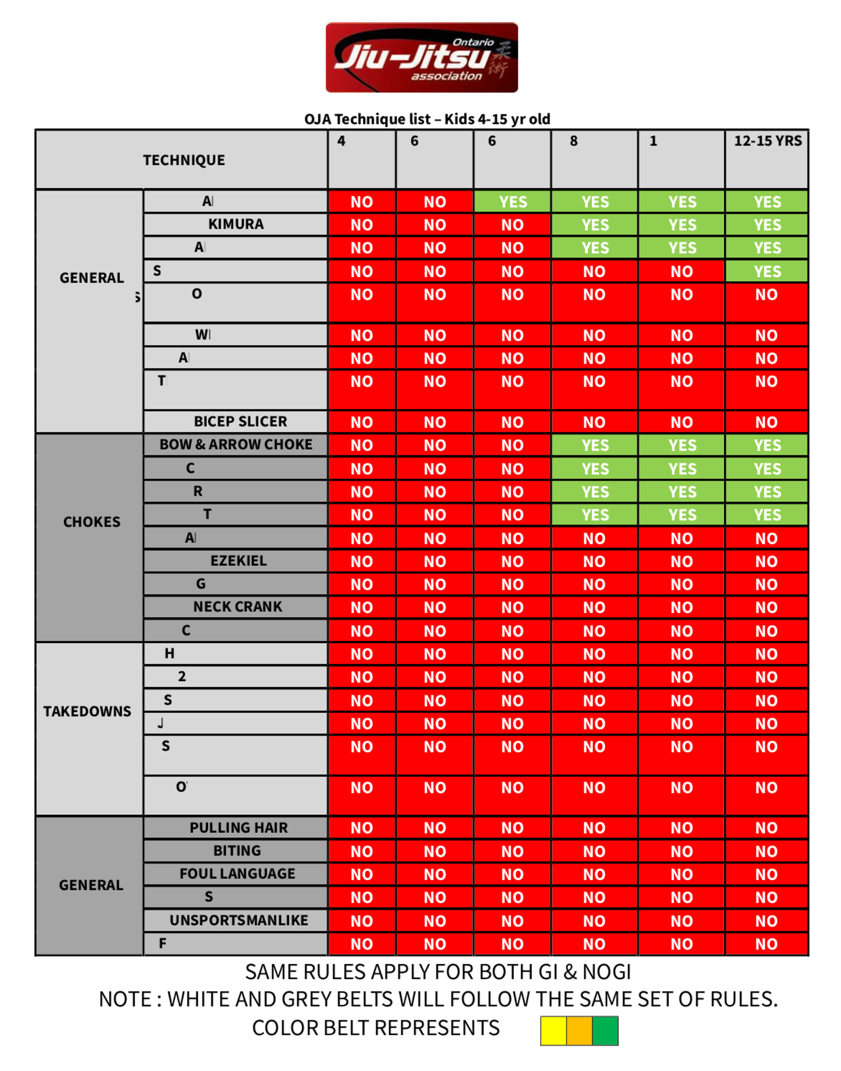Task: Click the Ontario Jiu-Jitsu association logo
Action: pyautogui.click(x=421, y=57)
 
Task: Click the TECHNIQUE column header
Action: pyautogui.click(x=184, y=160)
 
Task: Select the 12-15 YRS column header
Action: pyautogui.click(x=767, y=141)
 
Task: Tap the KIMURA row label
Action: pyautogui.click(x=236, y=225)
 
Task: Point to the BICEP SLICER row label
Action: pyautogui.click(x=240, y=422)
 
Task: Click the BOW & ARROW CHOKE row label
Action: pyautogui.click(x=236, y=445)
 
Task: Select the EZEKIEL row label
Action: pyautogui.click(x=238, y=561)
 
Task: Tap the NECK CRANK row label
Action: pyautogui.click(x=238, y=607)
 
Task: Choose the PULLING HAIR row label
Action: pyautogui.click(x=238, y=828)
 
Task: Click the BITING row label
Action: pyautogui.click(x=237, y=851)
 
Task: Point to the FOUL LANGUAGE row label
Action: pyautogui.click(x=237, y=874)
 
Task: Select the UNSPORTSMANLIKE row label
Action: pyautogui.click(x=238, y=921)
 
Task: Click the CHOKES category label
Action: pyautogui.click(x=92, y=522)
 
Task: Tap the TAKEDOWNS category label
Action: pyautogui.click(x=87, y=712)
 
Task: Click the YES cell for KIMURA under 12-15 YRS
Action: pyautogui.click(x=767, y=225)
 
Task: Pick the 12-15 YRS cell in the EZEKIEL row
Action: pyautogui.click(x=766, y=562)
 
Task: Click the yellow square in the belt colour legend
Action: pyautogui.click(x=553, y=1030)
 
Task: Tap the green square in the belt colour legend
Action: pyautogui.click(x=605, y=1030)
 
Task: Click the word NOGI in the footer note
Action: pyautogui.click(x=606, y=972)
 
